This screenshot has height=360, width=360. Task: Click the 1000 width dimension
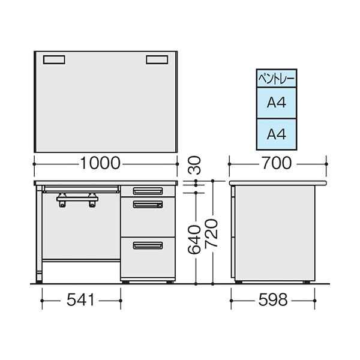(100, 163)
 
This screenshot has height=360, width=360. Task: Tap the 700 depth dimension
(277, 163)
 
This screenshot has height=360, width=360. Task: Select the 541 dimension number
(80, 300)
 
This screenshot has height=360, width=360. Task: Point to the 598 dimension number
(273, 300)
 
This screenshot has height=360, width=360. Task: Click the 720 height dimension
(211, 233)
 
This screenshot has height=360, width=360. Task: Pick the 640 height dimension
(194, 239)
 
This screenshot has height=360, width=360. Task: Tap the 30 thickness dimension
(194, 165)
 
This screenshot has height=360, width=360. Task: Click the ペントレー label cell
(277, 79)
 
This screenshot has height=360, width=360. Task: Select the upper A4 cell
(277, 103)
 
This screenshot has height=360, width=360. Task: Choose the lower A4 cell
(277, 134)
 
